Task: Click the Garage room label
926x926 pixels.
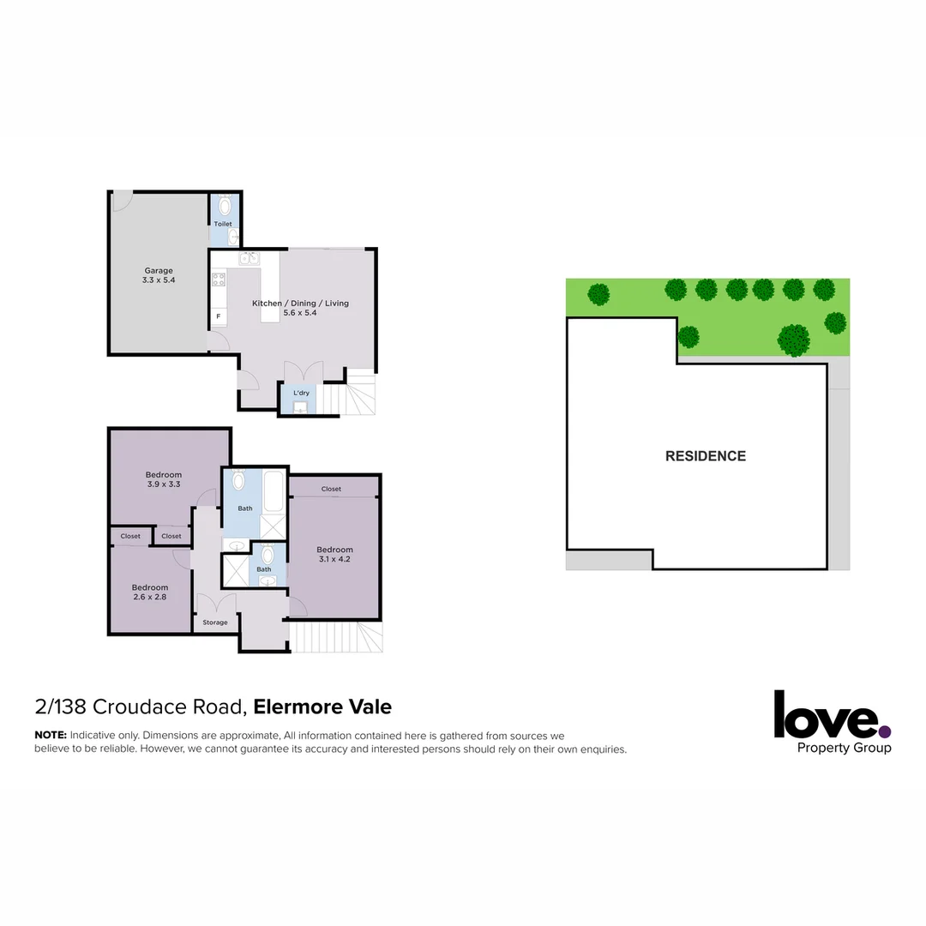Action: pyautogui.click(x=158, y=271)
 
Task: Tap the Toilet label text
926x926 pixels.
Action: pyautogui.click(x=223, y=224)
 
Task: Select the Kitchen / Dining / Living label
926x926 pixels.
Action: pyautogui.click(x=300, y=304)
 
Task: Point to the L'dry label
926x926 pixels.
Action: pyautogui.click(x=301, y=393)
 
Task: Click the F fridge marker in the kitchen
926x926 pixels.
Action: pyautogui.click(x=219, y=316)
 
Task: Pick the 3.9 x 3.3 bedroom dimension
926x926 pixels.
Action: pyautogui.click(x=163, y=484)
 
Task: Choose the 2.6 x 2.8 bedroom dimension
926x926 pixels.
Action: pyautogui.click(x=149, y=598)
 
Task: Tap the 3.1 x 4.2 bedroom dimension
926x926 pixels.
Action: pyautogui.click(x=334, y=560)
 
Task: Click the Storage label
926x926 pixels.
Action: pyautogui.click(x=215, y=622)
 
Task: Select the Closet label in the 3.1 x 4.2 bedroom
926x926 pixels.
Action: pyautogui.click(x=331, y=489)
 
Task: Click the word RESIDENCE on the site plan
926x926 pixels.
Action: pyautogui.click(x=706, y=456)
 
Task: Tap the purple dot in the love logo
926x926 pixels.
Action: pyautogui.click(x=885, y=731)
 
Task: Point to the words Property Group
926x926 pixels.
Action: pyautogui.click(x=844, y=748)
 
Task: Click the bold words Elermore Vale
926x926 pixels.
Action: pyautogui.click(x=322, y=707)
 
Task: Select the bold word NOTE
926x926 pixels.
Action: pyautogui.click(x=50, y=736)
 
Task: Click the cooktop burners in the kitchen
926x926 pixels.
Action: pyautogui.click(x=219, y=279)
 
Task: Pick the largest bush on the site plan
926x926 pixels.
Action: pyautogui.click(x=794, y=340)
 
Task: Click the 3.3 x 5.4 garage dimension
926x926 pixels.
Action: pyautogui.click(x=159, y=280)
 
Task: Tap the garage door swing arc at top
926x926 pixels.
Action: pyautogui.click(x=121, y=201)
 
